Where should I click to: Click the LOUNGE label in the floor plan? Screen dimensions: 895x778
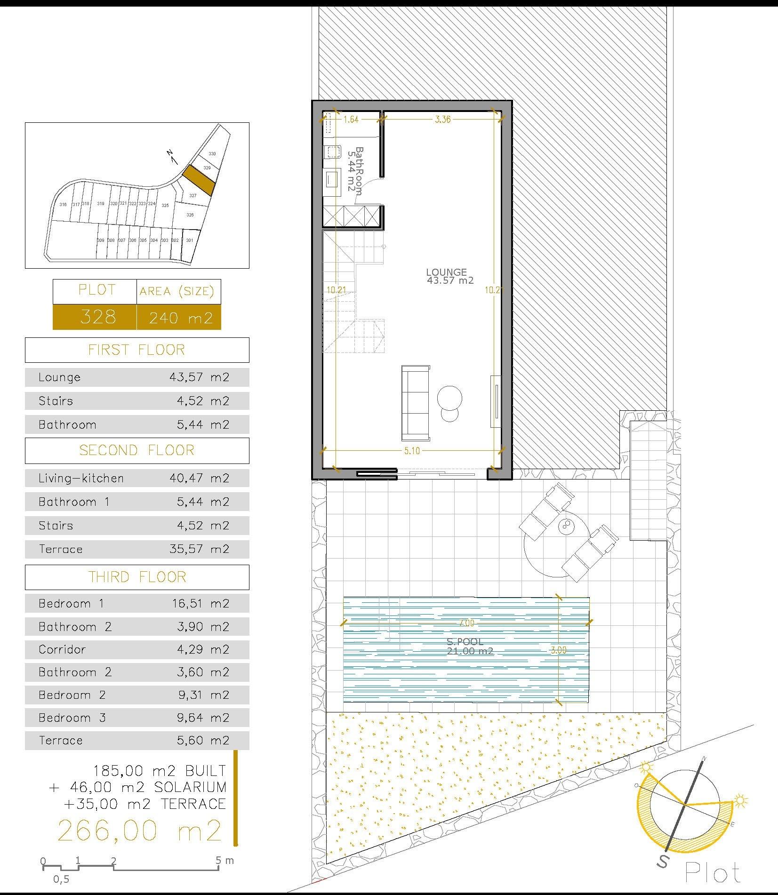[446, 272]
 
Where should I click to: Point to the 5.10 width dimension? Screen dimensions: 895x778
[411, 451]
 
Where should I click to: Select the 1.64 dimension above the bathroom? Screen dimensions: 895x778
[351, 120]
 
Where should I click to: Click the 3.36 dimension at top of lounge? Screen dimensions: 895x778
[442, 120]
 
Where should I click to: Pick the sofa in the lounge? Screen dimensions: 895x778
[416, 403]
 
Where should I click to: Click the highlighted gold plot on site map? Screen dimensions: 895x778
[198, 179]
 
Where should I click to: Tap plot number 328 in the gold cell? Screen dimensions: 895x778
[98, 317]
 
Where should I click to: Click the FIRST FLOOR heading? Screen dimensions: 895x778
[136, 350]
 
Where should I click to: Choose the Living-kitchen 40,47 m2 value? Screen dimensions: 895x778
[199, 478]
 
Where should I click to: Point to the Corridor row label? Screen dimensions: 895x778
[62, 649]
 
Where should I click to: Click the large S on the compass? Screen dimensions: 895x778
[663, 862]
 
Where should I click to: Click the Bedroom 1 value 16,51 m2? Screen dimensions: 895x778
[201, 603]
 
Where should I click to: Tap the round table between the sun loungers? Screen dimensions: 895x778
[564, 526]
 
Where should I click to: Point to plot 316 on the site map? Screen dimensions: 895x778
[63, 204]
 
